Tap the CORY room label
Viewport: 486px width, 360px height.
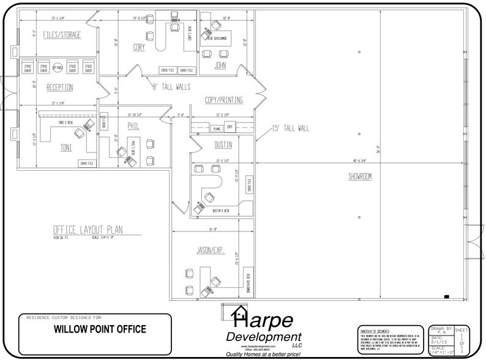pyautogui.click(x=139, y=47)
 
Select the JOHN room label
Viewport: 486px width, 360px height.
pyautogui.click(x=221, y=64)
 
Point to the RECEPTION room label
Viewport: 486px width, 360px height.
pyautogui.click(x=60, y=87)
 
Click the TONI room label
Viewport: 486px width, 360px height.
pyautogui.click(x=66, y=148)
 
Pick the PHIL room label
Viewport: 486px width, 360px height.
pyautogui.click(x=134, y=125)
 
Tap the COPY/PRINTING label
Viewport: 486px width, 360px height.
pyautogui.click(x=223, y=100)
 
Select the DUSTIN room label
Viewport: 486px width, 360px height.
pyautogui.click(x=223, y=145)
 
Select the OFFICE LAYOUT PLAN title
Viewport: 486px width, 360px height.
pyautogui.click(x=88, y=230)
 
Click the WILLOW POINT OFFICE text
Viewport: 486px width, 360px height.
pyautogui.click(x=97, y=329)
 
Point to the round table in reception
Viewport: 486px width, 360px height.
pyautogui.click(x=58, y=67)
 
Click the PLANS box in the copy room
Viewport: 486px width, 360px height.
pyautogui.click(x=215, y=129)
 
